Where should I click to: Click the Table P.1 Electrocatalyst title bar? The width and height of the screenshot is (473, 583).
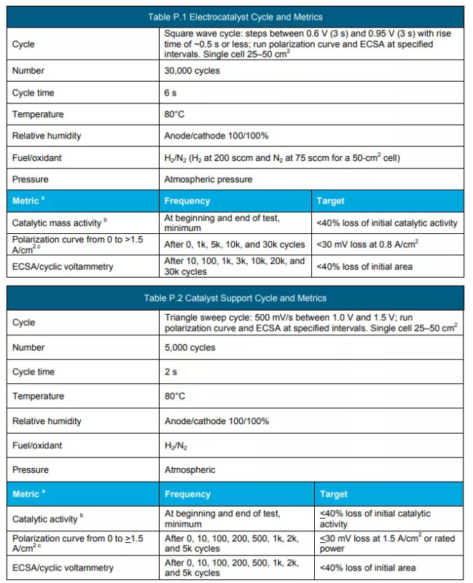tap(234, 17)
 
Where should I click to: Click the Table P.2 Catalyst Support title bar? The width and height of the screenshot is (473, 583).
tap(235, 298)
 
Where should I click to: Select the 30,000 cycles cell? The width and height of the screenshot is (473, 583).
tap(192, 71)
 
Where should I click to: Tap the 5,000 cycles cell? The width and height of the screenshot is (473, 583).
tap(189, 348)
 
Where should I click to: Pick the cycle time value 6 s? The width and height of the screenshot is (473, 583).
tap(171, 93)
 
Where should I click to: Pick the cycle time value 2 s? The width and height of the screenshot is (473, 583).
tap(171, 372)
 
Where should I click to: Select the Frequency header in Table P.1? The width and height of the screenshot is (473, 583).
tap(187, 200)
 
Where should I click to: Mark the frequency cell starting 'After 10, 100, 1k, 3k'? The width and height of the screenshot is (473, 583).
tap(235, 266)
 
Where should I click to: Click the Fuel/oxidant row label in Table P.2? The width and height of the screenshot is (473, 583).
tap(37, 445)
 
